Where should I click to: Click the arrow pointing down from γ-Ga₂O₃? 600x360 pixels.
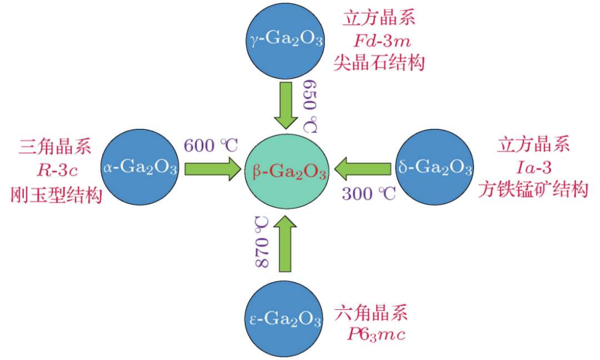(287, 106)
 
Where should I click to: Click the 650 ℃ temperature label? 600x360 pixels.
(311, 106)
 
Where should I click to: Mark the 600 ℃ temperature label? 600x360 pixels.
(211, 146)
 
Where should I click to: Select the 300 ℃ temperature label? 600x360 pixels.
(368, 194)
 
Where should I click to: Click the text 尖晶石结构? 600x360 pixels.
(379, 62)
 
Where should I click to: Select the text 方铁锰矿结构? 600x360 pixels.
(533, 190)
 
